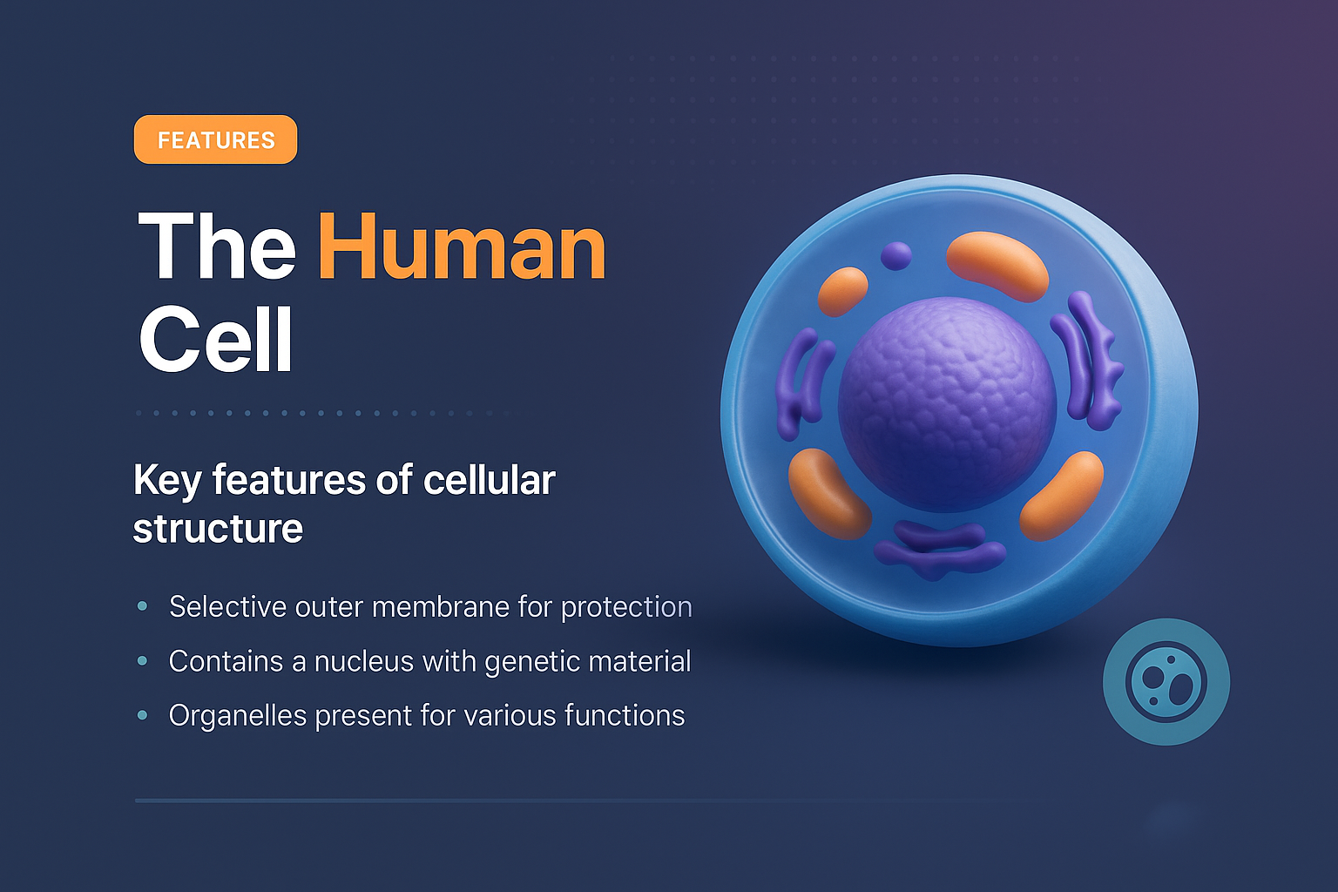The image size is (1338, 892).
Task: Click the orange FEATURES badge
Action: click(215, 139)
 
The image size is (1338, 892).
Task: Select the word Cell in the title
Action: click(215, 340)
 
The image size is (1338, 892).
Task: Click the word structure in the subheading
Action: click(218, 529)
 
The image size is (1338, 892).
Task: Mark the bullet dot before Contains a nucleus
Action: click(142, 661)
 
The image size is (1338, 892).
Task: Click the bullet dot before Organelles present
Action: click(142, 715)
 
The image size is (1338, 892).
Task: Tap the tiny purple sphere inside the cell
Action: click(895, 256)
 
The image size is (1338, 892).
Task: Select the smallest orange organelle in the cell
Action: click(842, 291)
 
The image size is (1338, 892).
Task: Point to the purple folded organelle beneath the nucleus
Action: click(939, 549)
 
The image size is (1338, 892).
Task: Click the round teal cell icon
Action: click(1166, 681)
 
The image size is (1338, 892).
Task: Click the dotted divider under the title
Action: click(322, 413)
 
